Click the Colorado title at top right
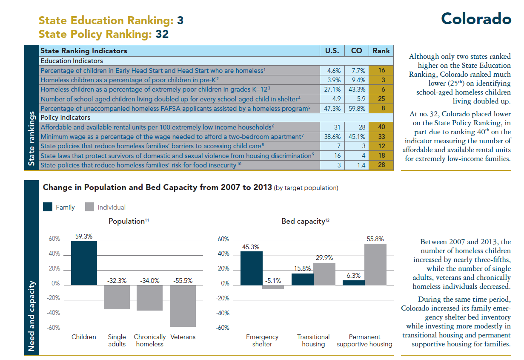pyautogui.click(x=476, y=19)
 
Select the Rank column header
pyautogui.click(x=381, y=51)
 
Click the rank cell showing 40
pyautogui.click(x=381, y=127)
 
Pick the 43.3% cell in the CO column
pyautogui.click(x=356, y=89)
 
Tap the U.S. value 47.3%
pyautogui.click(x=332, y=108)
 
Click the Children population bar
pyautogui.click(x=84, y=263)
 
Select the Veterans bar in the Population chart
pyautogui.click(x=183, y=305)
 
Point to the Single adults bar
pyautogui.click(x=117, y=297)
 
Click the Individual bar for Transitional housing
pyautogui.click(x=324, y=273)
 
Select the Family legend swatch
pyautogui.click(x=48, y=207)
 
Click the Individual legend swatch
pyautogui.click(x=89, y=207)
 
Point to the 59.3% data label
pyautogui.click(x=84, y=236)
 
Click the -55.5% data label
pyautogui.click(x=183, y=280)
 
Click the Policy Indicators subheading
pyautogui.click(x=65, y=118)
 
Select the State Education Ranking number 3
pyautogui.click(x=180, y=20)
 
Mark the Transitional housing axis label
pyautogui.click(x=313, y=340)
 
